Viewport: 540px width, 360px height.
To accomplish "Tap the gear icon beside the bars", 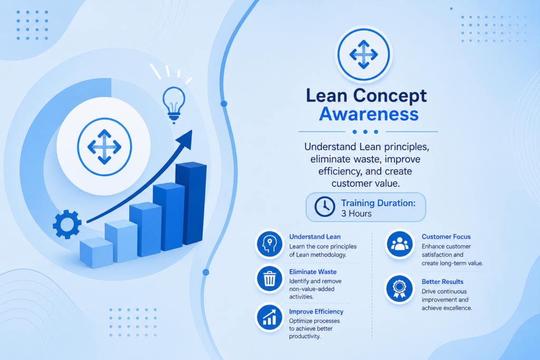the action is (67, 225).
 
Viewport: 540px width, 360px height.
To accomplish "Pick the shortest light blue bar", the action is (96, 252).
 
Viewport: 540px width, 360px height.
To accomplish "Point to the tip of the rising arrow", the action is (191, 131).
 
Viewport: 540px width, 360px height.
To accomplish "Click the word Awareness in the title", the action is (369, 114).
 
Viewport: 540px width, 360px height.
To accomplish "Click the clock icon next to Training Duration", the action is (324, 207).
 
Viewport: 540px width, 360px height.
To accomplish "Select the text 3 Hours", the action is (356, 213).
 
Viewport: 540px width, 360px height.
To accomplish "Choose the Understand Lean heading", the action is (315, 237).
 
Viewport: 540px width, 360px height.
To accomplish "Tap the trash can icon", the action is (269, 279).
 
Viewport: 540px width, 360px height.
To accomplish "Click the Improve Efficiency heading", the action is (316, 312).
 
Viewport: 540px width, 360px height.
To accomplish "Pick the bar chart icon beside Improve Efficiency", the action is (269, 317).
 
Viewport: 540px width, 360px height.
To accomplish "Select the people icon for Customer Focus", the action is (400, 244).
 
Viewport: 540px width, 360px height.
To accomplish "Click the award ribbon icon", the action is (400, 289).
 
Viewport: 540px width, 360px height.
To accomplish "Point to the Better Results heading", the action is (442, 282).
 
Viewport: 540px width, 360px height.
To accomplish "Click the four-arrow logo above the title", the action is (364, 54).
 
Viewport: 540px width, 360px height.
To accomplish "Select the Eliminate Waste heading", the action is (313, 272).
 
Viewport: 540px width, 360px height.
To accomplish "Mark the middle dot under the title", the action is (365, 132).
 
